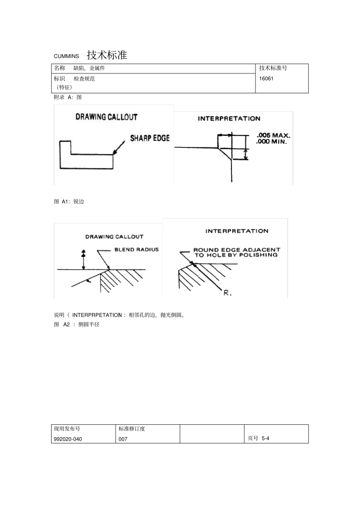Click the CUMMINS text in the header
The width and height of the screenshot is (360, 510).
point(66,56)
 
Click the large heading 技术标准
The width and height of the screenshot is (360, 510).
point(107,55)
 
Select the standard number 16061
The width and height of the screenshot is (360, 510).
point(266,79)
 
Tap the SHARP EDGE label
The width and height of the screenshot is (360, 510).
point(150,138)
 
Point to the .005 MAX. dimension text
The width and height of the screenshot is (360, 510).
point(273,135)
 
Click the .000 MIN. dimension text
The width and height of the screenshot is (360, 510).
point(272,142)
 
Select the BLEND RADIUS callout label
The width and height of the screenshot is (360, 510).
point(136,250)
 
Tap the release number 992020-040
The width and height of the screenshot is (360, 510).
point(68,439)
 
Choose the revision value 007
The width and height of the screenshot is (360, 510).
point(123,439)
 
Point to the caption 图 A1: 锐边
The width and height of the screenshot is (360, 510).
point(69,202)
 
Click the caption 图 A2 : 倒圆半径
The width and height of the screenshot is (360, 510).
point(77,325)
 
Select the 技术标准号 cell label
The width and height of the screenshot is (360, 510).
point(273,68)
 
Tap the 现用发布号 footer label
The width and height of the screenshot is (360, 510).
point(67,429)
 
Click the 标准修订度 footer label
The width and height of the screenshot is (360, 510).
point(132,429)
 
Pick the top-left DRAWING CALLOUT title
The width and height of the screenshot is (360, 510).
point(106,117)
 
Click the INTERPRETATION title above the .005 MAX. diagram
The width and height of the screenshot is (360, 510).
point(229,119)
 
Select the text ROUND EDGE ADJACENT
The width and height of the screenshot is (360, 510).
point(236,250)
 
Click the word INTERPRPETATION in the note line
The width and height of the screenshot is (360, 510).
point(97,315)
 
